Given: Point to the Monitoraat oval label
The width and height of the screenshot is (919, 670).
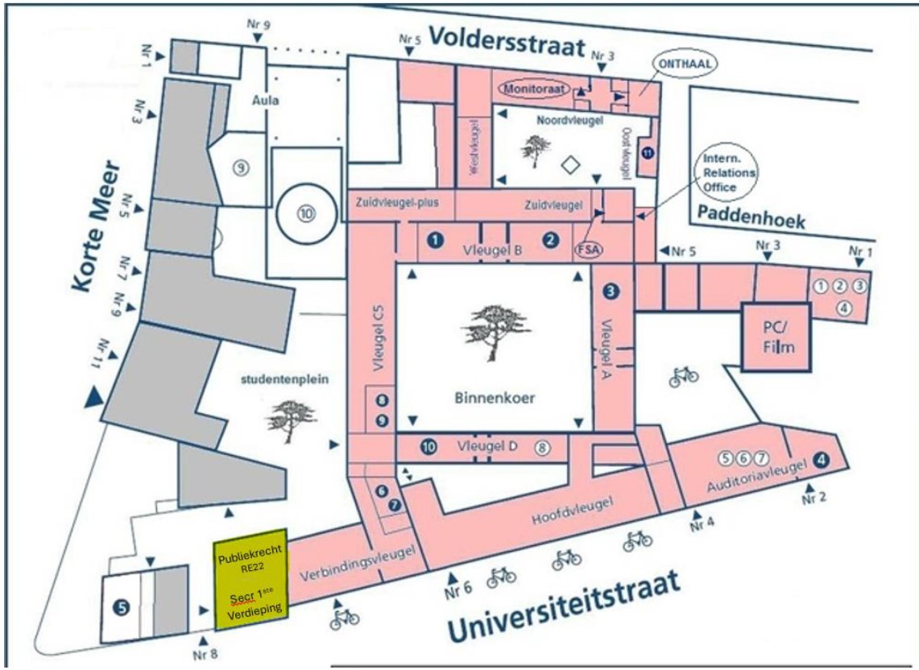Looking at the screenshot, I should [x=536, y=87].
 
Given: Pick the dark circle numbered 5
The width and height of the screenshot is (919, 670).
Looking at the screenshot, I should [x=122, y=609].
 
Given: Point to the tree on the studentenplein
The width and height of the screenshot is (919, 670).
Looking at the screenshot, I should [x=286, y=417].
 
